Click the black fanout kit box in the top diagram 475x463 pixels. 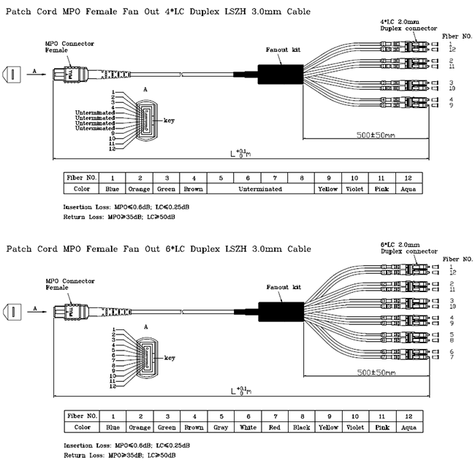[278, 73]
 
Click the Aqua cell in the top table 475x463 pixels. [407, 188]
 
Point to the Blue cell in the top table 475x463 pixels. [113, 188]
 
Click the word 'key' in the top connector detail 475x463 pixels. [169, 120]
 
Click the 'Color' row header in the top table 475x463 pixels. [82, 188]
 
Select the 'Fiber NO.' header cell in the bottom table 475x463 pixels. [82, 415]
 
